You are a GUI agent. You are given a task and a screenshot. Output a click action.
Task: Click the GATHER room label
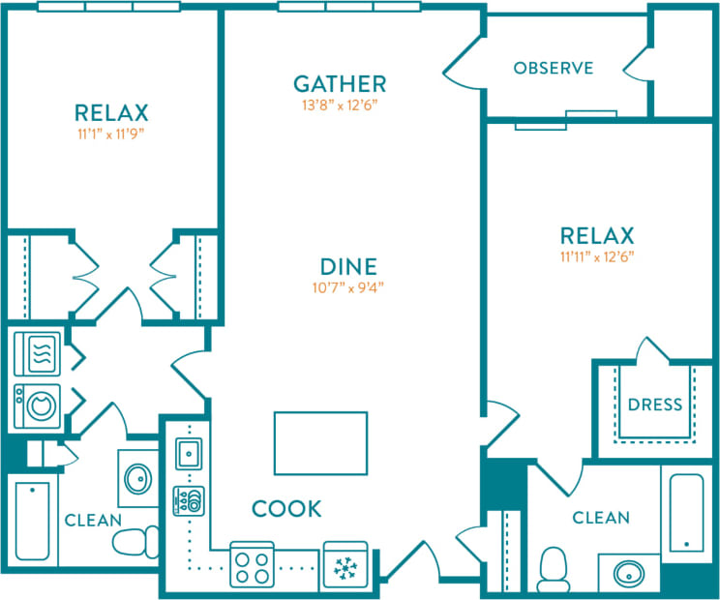pyautogui.click(x=340, y=83)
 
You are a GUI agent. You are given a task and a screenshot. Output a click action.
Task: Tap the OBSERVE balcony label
pyautogui.click(x=553, y=68)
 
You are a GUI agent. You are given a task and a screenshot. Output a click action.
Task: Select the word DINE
pyautogui.click(x=349, y=265)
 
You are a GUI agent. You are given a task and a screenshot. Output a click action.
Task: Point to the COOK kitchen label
pyautogui.click(x=286, y=509)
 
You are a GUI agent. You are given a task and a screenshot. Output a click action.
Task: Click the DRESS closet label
pyautogui.click(x=655, y=405)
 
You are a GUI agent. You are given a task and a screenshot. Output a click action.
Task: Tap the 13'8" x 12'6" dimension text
pyautogui.click(x=340, y=105)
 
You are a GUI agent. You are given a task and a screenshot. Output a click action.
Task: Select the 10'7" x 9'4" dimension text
pyautogui.click(x=349, y=287)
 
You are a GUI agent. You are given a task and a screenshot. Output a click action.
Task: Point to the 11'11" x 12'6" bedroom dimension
pyautogui.click(x=597, y=257)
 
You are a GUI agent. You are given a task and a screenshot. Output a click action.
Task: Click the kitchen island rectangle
pyautogui.click(x=320, y=443)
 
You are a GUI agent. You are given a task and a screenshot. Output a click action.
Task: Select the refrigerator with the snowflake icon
pyautogui.click(x=345, y=564)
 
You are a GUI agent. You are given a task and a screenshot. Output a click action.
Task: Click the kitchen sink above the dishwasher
pyautogui.click(x=188, y=452)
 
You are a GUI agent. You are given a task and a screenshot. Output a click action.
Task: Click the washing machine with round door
pyautogui.click(x=38, y=402)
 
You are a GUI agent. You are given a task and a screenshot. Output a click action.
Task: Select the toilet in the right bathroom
pyautogui.click(x=554, y=568)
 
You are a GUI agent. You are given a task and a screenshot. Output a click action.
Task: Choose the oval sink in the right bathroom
pyautogui.click(x=630, y=573)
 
